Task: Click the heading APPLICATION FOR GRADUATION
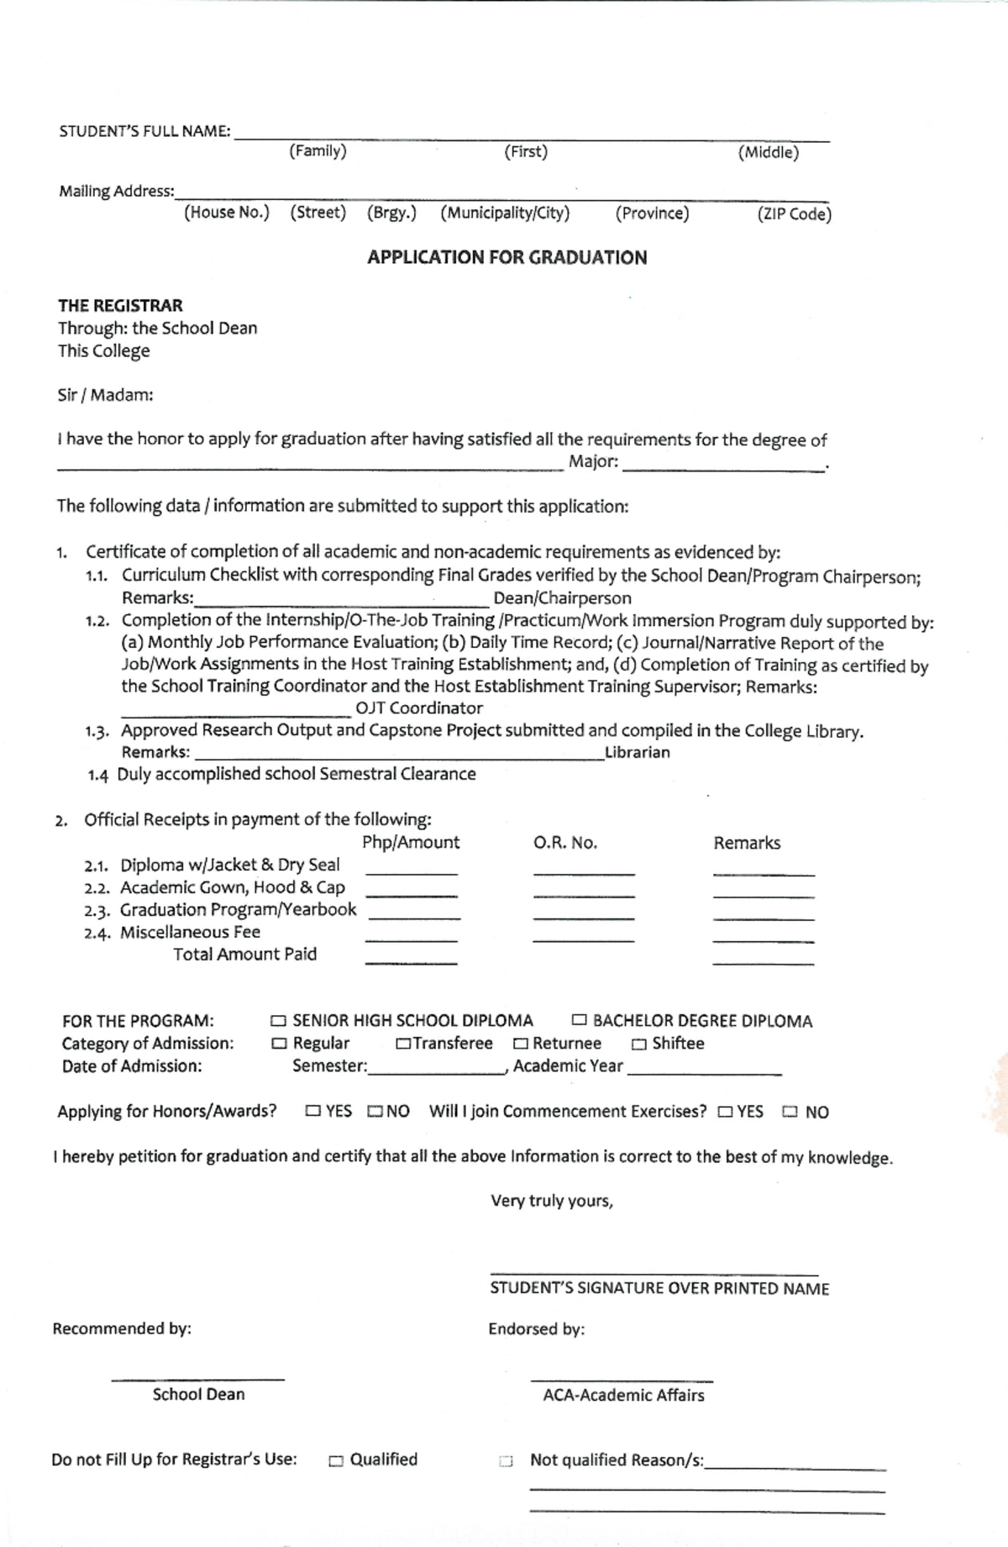(507, 258)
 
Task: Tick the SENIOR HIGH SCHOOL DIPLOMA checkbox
(278, 1021)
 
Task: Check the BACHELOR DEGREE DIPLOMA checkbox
(579, 1020)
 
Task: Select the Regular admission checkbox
(279, 1044)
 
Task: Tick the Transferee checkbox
(403, 1044)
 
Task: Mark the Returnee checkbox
(521, 1044)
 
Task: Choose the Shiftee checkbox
(639, 1044)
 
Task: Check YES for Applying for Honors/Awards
(313, 1111)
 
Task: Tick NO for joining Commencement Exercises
(790, 1112)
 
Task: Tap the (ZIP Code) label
(794, 214)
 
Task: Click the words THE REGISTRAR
(120, 306)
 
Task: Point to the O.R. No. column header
(565, 843)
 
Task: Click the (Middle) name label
(769, 153)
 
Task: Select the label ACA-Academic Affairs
(623, 1395)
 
